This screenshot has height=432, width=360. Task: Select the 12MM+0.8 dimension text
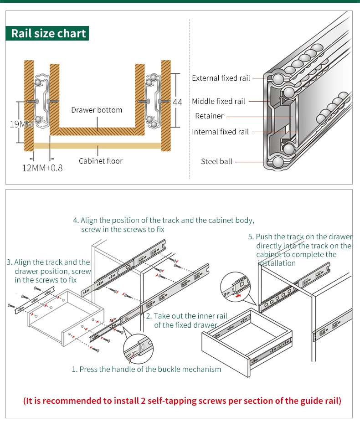coord(42,168)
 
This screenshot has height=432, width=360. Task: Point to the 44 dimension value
coord(177,103)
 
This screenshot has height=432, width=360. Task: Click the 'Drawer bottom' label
coord(97,110)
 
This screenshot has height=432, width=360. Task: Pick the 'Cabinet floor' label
coord(100,161)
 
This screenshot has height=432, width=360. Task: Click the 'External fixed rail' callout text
coord(221,78)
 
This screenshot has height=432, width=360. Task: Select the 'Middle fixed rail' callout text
coord(218,101)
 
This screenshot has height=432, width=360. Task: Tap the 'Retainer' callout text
coord(209,116)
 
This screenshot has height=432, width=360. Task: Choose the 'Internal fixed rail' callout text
coord(220,132)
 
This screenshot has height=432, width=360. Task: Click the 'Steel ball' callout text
coord(216,161)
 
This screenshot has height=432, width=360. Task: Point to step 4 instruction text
coord(164,225)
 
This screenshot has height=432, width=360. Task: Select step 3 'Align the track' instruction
coord(49,271)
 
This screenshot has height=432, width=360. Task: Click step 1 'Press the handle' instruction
coord(146,369)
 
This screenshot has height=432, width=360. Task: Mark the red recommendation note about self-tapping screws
coord(182,401)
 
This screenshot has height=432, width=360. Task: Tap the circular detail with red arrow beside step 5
coord(235,288)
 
